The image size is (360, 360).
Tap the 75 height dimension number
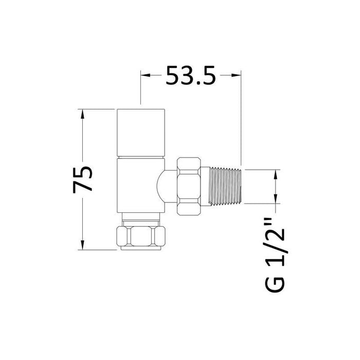pos(84,178)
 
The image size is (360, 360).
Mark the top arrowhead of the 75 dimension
pos(81,114)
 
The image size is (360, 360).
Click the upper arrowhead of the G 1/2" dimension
pos(277,174)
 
